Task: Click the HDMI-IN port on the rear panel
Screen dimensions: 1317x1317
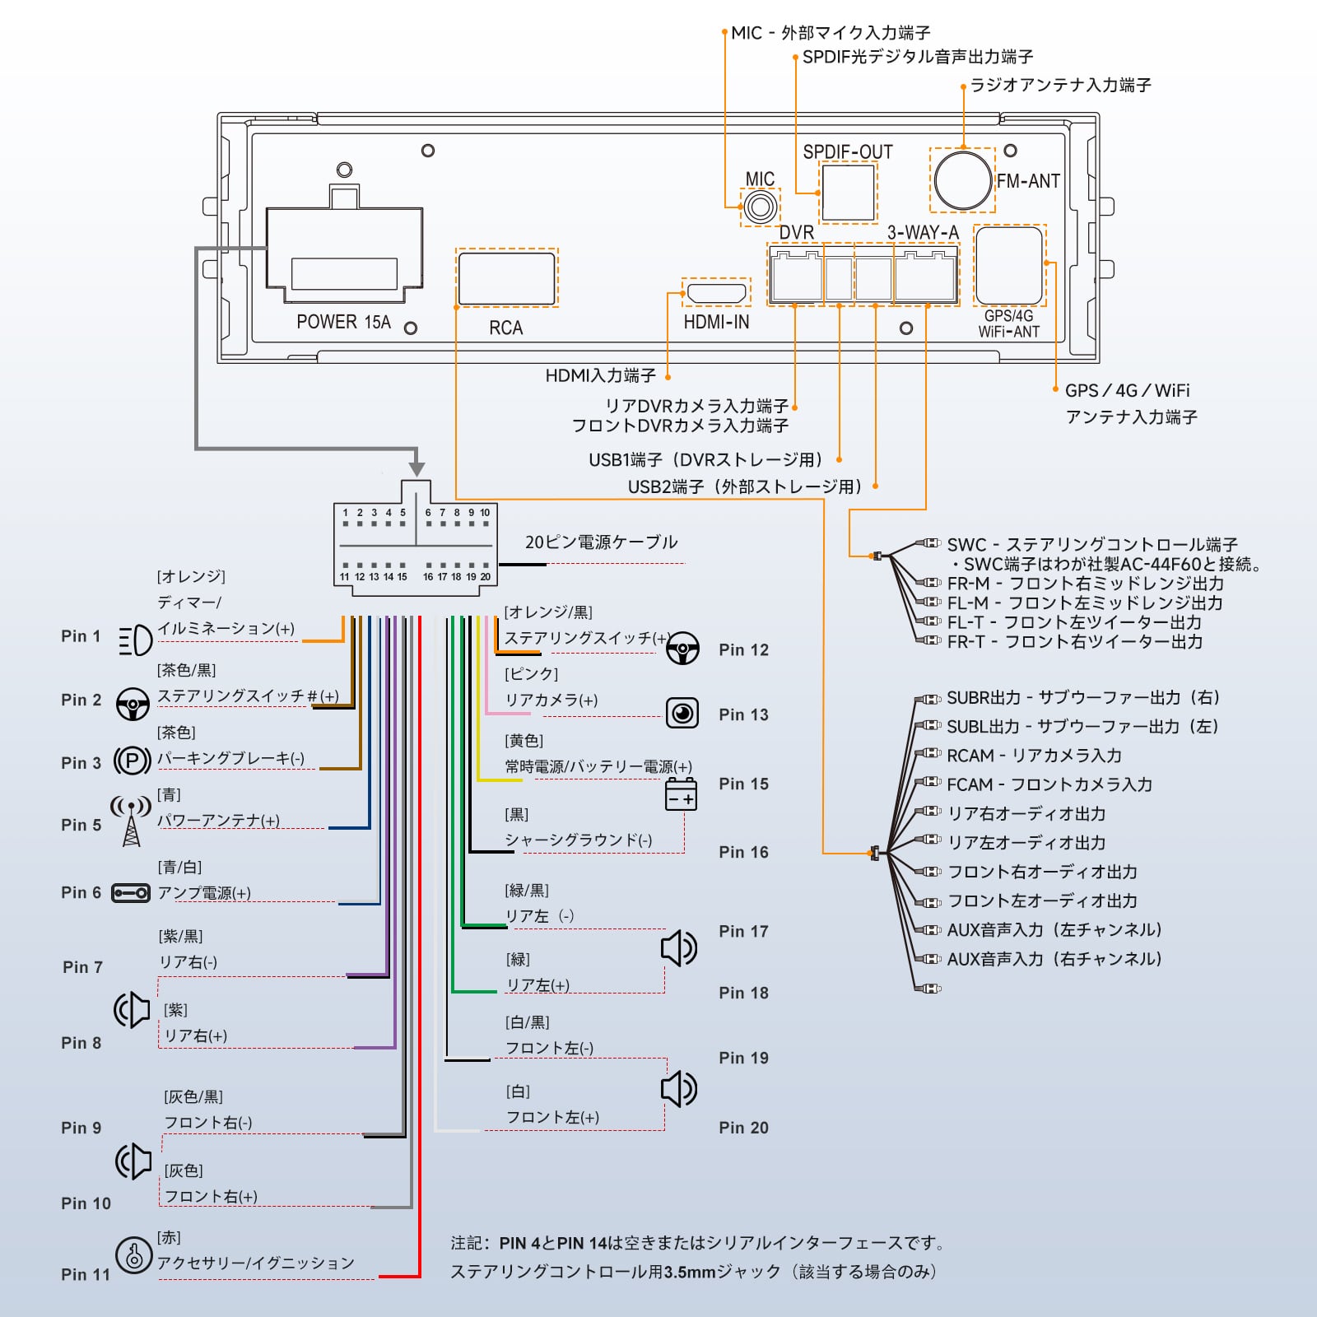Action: coord(716,292)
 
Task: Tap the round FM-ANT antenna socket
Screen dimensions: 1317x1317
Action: coord(962,179)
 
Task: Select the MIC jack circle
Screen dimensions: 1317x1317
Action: coord(760,206)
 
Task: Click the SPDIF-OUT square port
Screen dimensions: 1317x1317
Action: coord(848,193)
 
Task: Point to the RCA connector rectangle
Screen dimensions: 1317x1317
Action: coord(506,278)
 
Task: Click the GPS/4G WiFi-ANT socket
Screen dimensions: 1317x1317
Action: coord(1008,266)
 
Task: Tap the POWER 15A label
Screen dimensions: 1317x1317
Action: coord(343,322)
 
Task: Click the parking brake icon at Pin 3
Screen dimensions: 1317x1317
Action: coord(132,760)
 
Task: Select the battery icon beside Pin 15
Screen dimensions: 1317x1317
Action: coord(681,794)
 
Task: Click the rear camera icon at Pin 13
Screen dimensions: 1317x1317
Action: coord(682,713)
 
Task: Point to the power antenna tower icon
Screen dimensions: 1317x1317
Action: coord(131,820)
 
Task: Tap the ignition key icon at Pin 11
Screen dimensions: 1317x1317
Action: coord(133,1255)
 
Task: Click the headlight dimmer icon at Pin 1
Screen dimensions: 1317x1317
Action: coord(135,640)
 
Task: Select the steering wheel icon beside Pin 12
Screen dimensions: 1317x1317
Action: coord(682,648)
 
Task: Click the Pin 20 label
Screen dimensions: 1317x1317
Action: coord(743,1128)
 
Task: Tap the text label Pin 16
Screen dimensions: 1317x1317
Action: coord(743,852)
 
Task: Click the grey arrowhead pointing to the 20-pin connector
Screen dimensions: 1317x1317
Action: coord(417,468)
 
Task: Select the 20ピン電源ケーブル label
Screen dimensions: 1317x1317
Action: coord(601,542)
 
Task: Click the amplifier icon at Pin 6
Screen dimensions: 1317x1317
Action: coord(131,893)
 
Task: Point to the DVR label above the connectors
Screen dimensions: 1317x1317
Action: coord(796,233)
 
